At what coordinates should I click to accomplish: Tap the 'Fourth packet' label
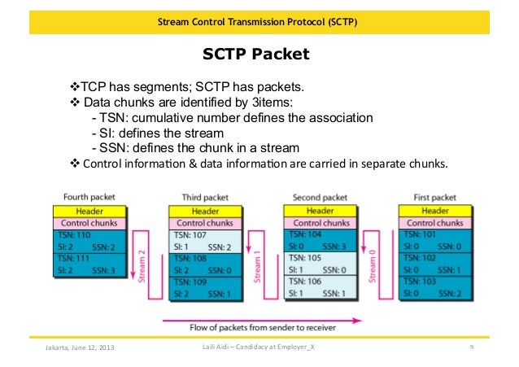89,197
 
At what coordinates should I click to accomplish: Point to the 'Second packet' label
320,197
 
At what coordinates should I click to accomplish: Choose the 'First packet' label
434,197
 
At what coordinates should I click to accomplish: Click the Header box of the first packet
434,210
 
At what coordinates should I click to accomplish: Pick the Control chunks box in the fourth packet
89,221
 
